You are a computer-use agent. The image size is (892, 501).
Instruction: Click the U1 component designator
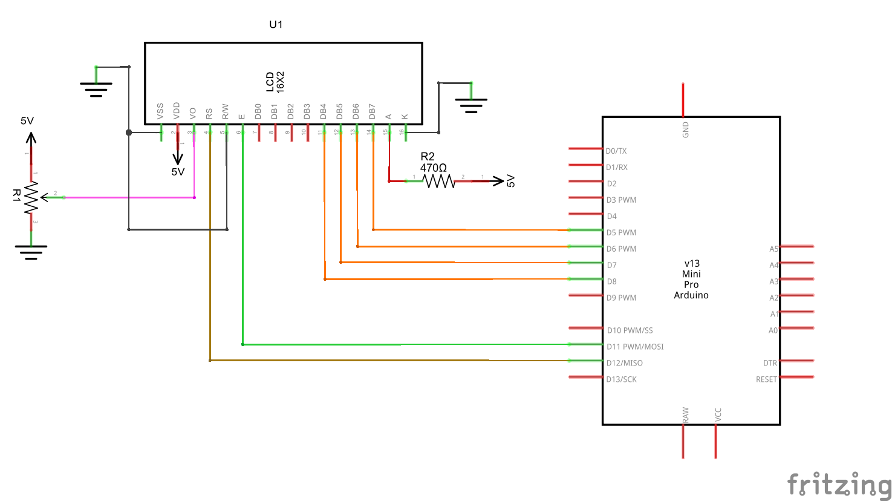click(x=276, y=24)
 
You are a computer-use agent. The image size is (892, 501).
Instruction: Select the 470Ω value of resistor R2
click(x=434, y=168)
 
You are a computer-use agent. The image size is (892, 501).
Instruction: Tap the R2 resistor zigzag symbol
click(x=438, y=180)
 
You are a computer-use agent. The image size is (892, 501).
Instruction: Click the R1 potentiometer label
click(x=17, y=195)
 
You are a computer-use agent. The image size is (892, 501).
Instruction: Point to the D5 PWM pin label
click(x=621, y=232)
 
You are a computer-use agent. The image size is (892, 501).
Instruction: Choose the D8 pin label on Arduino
click(x=612, y=281)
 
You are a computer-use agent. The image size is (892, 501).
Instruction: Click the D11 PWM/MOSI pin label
click(x=635, y=347)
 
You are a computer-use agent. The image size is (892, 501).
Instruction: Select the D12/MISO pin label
click(x=625, y=363)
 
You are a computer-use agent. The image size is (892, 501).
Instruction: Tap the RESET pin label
click(x=766, y=379)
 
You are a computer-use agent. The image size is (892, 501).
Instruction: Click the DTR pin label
click(x=770, y=363)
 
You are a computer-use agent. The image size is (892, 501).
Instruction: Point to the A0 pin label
click(x=773, y=330)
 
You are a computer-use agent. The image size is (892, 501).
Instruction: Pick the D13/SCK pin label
click(x=622, y=379)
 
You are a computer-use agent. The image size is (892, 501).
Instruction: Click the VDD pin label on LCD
click(x=177, y=110)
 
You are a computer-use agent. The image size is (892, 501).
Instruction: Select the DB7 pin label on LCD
click(x=372, y=111)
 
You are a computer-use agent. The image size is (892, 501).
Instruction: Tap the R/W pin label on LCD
click(x=225, y=111)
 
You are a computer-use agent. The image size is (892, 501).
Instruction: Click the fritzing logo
click(x=839, y=485)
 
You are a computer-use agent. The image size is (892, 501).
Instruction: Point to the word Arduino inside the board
click(x=691, y=295)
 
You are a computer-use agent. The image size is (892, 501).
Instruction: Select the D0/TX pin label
click(x=616, y=151)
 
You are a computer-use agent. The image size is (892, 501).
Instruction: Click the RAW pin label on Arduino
click(x=686, y=415)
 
